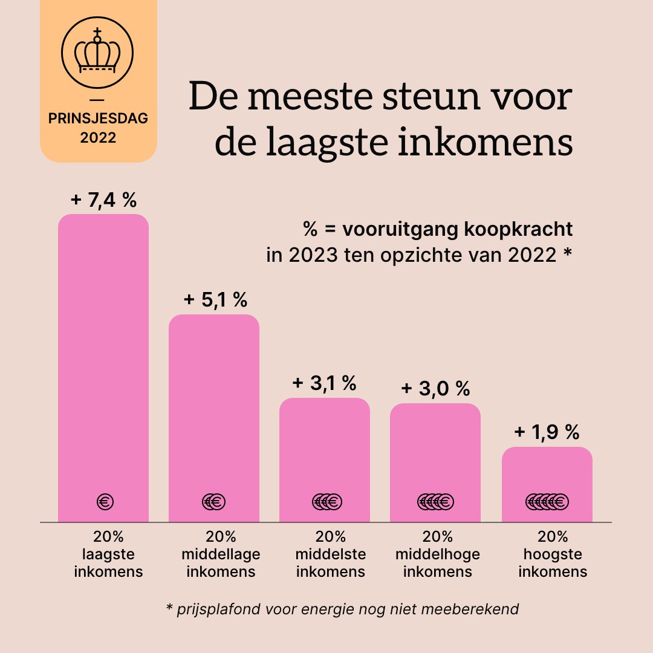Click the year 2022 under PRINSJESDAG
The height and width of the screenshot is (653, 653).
click(x=98, y=138)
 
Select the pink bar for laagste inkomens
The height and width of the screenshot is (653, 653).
click(x=103, y=363)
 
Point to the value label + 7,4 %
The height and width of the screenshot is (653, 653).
click(x=103, y=201)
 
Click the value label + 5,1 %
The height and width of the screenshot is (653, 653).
click(x=215, y=300)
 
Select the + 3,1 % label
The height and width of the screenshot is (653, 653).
click(x=325, y=383)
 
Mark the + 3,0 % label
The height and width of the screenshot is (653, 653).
click(x=435, y=388)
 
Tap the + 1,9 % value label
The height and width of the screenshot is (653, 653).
click(x=547, y=432)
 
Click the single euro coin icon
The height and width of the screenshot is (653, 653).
click(x=105, y=501)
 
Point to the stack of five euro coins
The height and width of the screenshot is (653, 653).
click(x=547, y=501)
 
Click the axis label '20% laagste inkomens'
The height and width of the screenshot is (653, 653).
click(x=108, y=554)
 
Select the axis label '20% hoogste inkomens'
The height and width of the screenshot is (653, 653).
click(x=553, y=554)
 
